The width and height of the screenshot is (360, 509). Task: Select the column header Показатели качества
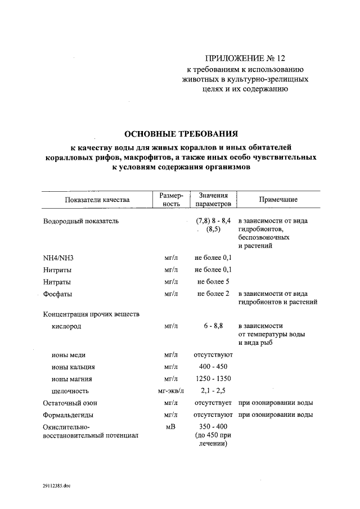click(97, 200)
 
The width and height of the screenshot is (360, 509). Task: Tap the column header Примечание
click(278, 200)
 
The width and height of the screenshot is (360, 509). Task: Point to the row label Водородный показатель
click(81, 221)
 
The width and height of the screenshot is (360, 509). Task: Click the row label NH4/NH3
click(58, 258)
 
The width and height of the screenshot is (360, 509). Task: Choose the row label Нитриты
click(57, 270)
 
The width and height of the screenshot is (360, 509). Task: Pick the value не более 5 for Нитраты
click(213, 282)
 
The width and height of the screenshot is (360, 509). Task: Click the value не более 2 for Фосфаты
click(213, 294)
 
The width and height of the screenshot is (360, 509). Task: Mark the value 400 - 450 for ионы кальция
click(213, 367)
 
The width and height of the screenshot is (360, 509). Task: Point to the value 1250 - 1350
click(213, 379)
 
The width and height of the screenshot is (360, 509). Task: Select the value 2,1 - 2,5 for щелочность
click(213, 390)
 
